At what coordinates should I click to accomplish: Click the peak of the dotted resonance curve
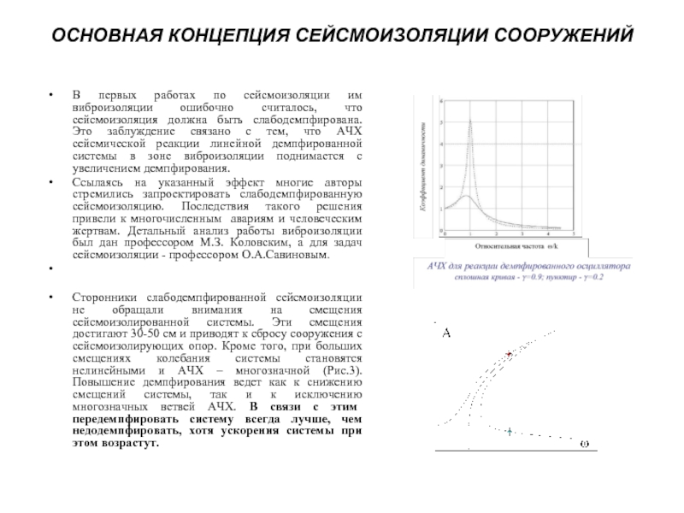point(470,120)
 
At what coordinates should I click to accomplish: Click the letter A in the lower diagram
point(445,333)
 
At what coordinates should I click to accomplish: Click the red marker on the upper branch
point(510,353)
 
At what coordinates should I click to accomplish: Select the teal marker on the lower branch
point(508,433)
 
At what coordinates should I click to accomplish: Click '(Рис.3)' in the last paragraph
point(343,369)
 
